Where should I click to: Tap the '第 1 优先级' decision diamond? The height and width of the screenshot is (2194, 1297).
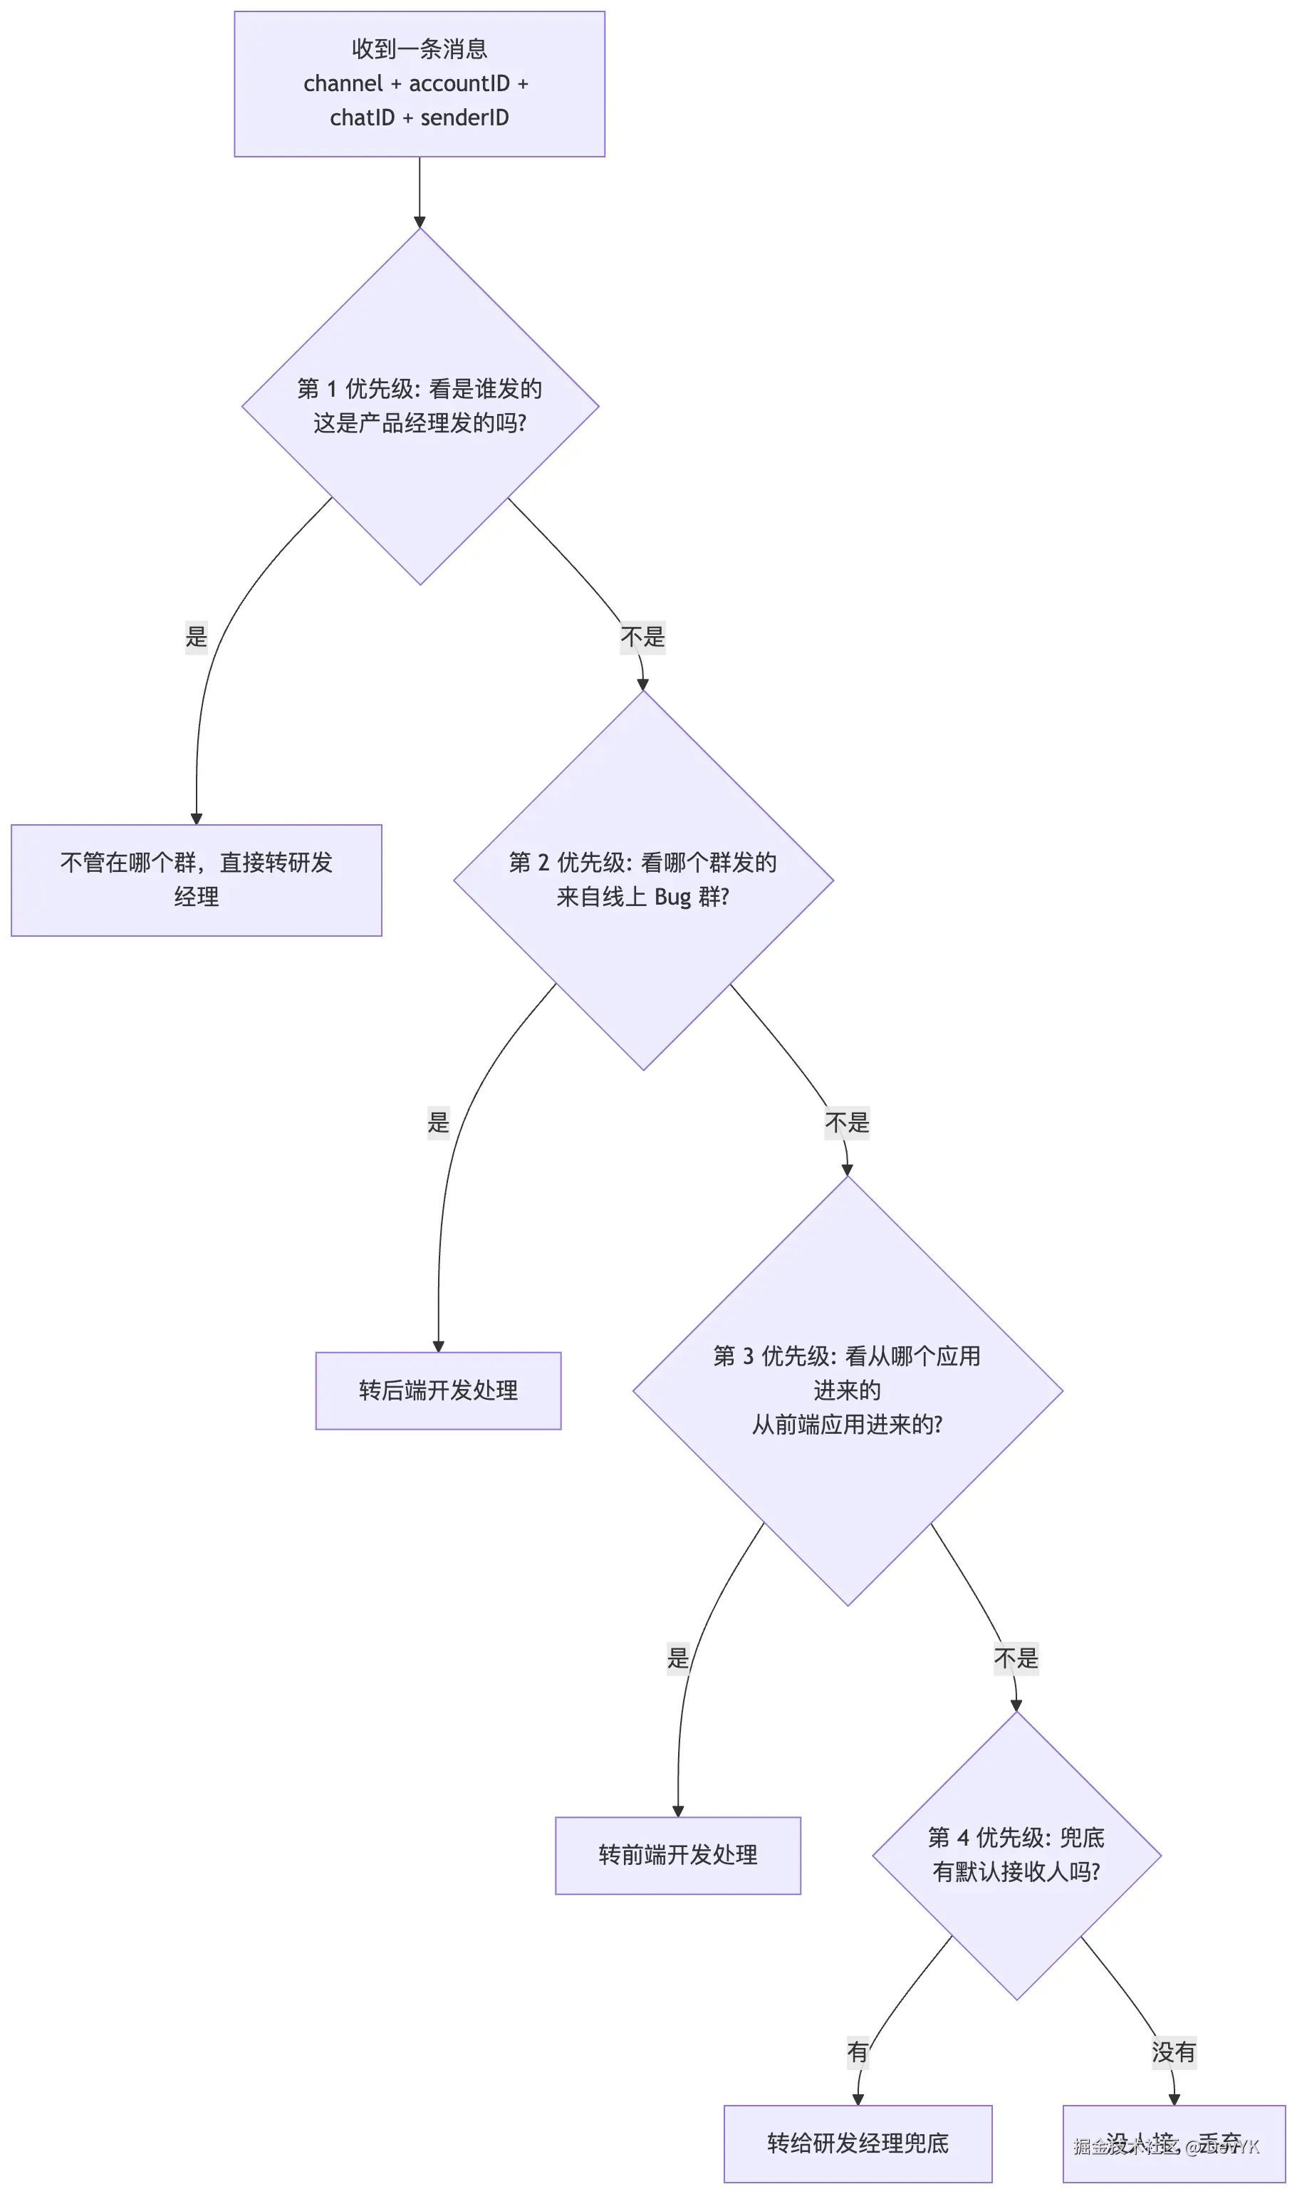pyautogui.click(x=420, y=407)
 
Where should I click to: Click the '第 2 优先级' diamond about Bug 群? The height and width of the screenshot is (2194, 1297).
pyautogui.click(x=643, y=880)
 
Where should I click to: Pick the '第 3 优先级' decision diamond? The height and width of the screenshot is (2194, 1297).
pyautogui.click(x=847, y=1390)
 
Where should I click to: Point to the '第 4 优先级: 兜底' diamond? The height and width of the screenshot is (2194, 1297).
pyautogui.click(x=1016, y=1855)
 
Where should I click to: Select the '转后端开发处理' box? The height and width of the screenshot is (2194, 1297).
pyautogui.click(x=438, y=1390)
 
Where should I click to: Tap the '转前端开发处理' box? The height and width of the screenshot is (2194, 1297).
pyautogui.click(x=677, y=1855)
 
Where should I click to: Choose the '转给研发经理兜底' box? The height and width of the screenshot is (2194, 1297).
pyautogui.click(x=858, y=2143)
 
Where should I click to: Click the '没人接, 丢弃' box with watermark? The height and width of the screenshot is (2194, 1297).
pyautogui.click(x=1173, y=2143)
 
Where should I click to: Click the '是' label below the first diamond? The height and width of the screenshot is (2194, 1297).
pyautogui.click(x=197, y=635)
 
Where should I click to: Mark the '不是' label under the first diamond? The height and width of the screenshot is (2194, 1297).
pyautogui.click(x=642, y=636)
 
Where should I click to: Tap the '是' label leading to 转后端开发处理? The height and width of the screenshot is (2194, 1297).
pyautogui.click(x=438, y=1121)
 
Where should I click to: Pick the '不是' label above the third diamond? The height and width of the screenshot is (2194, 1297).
pyautogui.click(x=847, y=1123)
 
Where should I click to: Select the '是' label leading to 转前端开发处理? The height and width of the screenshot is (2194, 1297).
pyautogui.click(x=677, y=1658)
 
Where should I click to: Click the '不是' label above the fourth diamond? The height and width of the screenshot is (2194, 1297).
pyautogui.click(x=1016, y=1658)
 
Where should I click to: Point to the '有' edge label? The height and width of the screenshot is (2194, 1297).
pyautogui.click(x=858, y=2052)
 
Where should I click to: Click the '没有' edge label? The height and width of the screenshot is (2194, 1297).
pyautogui.click(x=1173, y=2052)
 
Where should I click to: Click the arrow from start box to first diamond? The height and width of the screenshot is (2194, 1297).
pyautogui.click(x=420, y=192)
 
